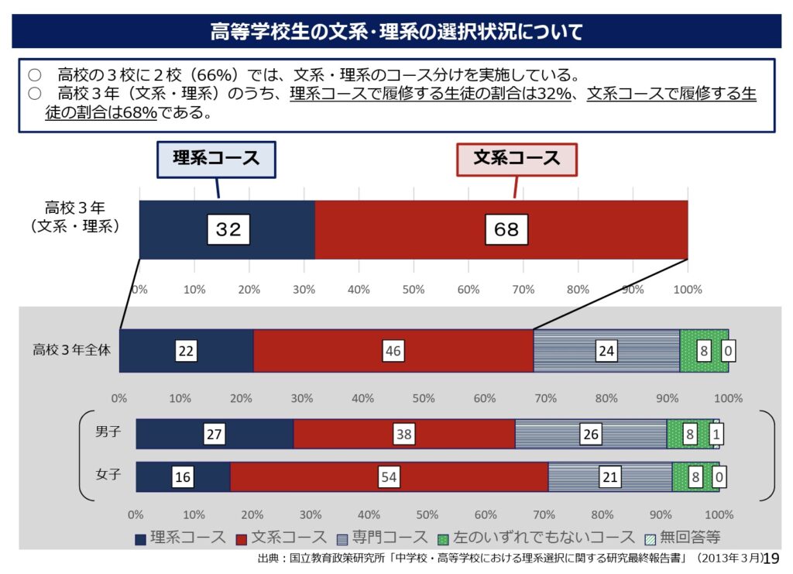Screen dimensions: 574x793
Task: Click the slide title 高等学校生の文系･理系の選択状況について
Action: coord(396,32)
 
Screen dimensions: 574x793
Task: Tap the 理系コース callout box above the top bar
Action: coord(216,158)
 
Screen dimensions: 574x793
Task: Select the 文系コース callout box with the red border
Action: coord(517,158)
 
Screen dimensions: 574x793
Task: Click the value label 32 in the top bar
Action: coord(228,229)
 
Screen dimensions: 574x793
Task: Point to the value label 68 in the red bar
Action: coord(506,229)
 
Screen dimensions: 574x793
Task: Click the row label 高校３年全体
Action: coord(71,349)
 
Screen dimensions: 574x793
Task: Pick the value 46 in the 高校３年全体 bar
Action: coord(393,351)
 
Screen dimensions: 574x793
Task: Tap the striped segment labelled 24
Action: coord(606,351)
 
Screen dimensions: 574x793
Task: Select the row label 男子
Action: coord(108,432)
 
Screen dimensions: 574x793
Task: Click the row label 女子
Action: coord(108,474)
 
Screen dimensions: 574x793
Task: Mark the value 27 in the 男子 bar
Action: coord(215,435)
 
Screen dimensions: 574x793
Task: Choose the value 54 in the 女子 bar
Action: coord(389,477)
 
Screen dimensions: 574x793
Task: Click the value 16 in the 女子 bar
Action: coord(183,477)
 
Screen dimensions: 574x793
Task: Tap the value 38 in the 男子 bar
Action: coord(403,435)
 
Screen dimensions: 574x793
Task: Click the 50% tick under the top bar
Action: coord(414,289)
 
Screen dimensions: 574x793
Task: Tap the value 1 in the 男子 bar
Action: coord(716,435)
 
